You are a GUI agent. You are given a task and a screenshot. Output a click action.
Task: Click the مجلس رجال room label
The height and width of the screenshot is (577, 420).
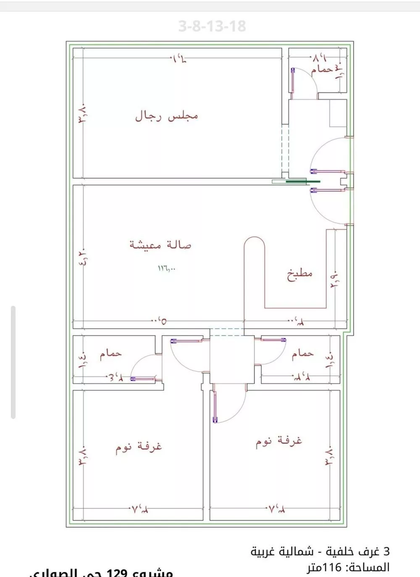coord(166,116)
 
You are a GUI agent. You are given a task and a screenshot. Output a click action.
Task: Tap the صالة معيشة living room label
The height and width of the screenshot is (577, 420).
coord(160,244)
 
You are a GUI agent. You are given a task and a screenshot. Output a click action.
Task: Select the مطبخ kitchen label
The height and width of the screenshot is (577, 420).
coord(300,275)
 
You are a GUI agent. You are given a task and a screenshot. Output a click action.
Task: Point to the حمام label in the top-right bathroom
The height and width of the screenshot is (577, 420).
coord(322,69)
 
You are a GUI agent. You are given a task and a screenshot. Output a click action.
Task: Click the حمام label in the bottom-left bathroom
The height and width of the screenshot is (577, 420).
coord(110,354)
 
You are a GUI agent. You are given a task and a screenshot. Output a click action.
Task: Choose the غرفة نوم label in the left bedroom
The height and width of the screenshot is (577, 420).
coord(139,447)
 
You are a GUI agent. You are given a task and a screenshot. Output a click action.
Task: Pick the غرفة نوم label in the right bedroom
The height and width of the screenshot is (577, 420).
coord(279,442)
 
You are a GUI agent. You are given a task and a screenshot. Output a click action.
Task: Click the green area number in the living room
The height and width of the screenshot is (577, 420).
coord(167,268)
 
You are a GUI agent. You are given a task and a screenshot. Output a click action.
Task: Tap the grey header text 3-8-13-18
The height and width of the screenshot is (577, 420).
coord(212,26)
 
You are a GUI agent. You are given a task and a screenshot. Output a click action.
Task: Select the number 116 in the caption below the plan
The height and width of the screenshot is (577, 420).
coord(332,568)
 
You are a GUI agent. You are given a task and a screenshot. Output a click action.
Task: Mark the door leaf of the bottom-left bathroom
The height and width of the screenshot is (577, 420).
coord(145,379)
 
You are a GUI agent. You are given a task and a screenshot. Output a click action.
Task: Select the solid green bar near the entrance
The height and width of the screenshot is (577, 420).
coord(303,182)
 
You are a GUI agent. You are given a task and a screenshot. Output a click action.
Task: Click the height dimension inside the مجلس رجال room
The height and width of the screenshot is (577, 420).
coord(82,113)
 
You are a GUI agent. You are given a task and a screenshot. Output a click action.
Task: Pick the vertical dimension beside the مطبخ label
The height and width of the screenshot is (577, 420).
coord(335,278)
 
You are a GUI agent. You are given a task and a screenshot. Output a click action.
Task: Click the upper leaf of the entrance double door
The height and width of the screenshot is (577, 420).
coord(328,171)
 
